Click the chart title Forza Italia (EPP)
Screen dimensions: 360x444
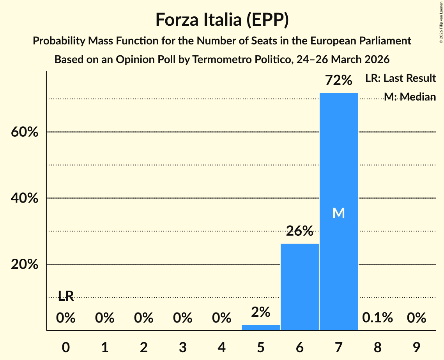click(x=222, y=19)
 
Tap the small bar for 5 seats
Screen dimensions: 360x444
click(x=260, y=327)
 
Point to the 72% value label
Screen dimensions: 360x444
click(x=338, y=81)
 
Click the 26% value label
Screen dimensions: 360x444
click(x=299, y=231)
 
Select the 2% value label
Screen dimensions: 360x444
click(x=260, y=312)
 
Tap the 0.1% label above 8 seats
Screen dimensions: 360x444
click(x=377, y=318)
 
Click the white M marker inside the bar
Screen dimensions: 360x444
click(x=338, y=213)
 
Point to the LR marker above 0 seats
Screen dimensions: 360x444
click(x=66, y=296)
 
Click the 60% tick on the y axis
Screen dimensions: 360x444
click(x=24, y=132)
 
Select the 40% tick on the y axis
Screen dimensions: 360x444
click(x=24, y=198)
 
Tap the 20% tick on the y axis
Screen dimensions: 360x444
click(x=24, y=265)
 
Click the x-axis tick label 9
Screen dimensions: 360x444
click(x=416, y=347)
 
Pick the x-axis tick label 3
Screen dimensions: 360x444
click(x=182, y=347)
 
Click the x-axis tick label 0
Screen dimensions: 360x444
click(x=66, y=347)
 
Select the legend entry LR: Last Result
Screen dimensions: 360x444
click(x=400, y=78)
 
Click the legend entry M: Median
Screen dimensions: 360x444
click(x=409, y=97)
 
